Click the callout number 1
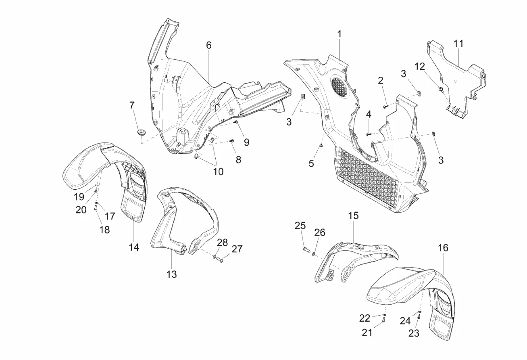pyautogui.click(x=339, y=34)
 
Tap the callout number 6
pyautogui.click(x=208, y=45)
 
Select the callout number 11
pyautogui.click(x=458, y=44)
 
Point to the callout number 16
pyautogui.click(x=443, y=248)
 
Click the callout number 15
pyautogui.click(x=353, y=216)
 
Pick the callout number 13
pyautogui.click(x=171, y=274)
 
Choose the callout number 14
pyautogui.click(x=134, y=247)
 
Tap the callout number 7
pyautogui.click(x=131, y=106)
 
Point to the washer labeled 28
pyautogui.click(x=215, y=256)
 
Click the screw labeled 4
pyautogui.click(x=369, y=134)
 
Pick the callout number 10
pyautogui.click(x=218, y=172)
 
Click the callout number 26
pyautogui.click(x=319, y=232)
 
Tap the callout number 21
pyautogui.click(x=367, y=332)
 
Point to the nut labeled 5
pyautogui.click(x=321, y=146)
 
